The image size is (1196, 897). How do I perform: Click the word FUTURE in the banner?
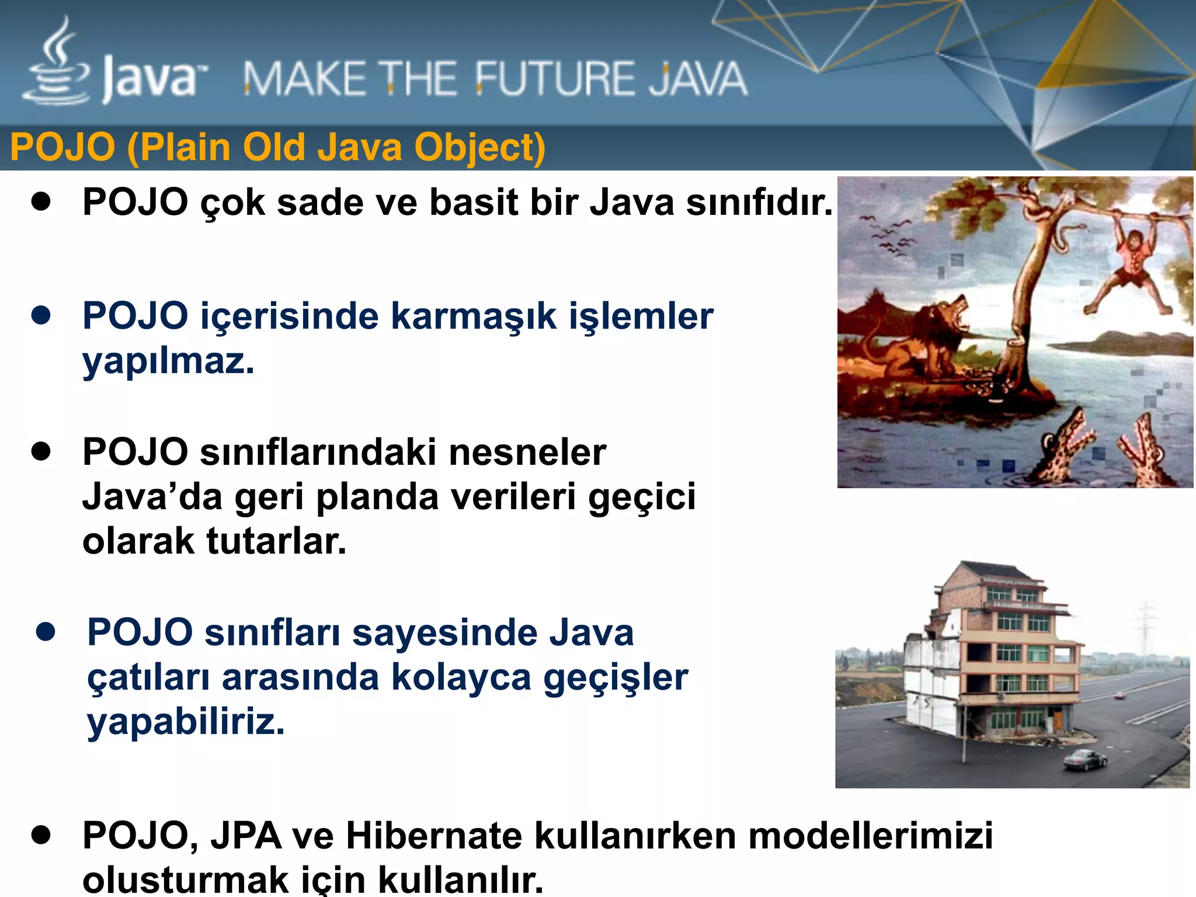[x=552, y=79]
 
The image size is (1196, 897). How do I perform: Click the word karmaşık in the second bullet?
[x=473, y=317]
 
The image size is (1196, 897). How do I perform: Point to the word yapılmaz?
[x=168, y=361]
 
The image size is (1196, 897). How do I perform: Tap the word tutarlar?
[x=276, y=541]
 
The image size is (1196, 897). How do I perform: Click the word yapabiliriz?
[x=186, y=722]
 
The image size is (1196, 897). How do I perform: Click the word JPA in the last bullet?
[x=246, y=836]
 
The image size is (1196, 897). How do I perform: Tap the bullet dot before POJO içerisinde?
[x=41, y=315]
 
